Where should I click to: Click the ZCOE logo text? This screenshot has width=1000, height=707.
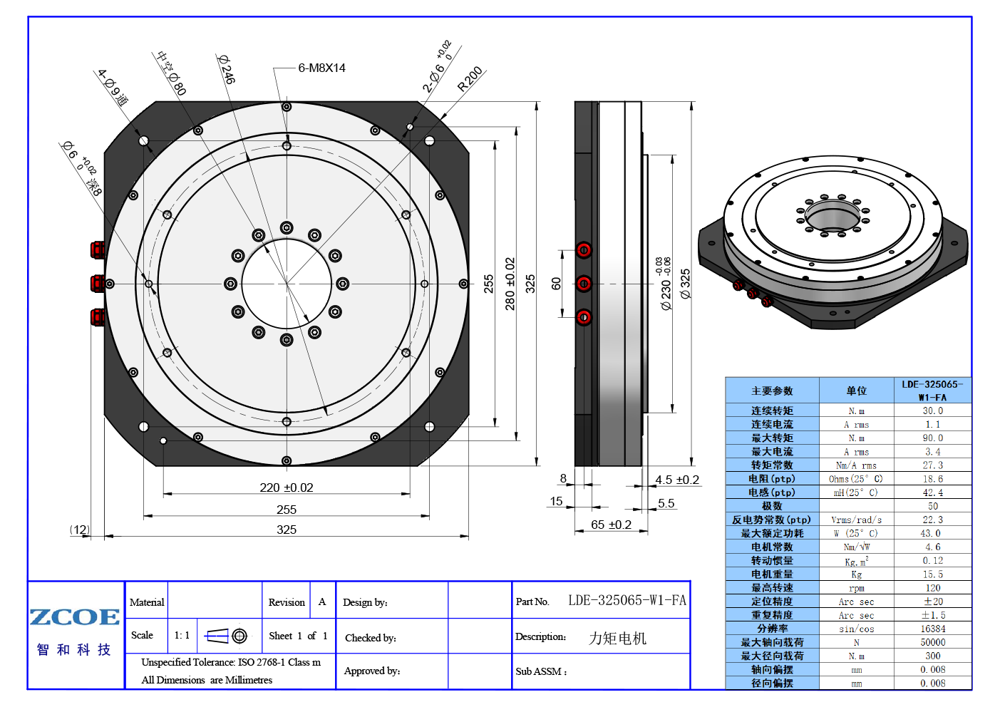tap(75, 616)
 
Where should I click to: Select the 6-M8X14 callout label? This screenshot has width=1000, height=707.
tap(322, 68)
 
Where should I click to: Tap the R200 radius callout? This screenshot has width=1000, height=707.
tap(470, 79)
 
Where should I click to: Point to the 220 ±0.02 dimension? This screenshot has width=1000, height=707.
tap(286, 487)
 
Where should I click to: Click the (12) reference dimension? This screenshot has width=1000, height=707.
tap(80, 530)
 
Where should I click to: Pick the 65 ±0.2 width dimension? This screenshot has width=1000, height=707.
tap(611, 525)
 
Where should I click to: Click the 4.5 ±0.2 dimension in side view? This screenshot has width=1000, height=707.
tap(677, 480)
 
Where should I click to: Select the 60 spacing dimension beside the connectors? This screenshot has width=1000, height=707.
tap(556, 284)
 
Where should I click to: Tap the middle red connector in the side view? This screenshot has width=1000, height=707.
tap(584, 284)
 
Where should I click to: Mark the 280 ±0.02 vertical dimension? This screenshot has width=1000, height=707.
tap(510, 284)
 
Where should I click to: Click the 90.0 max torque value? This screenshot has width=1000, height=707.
tap(932, 438)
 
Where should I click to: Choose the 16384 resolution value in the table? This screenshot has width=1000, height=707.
tap(932, 629)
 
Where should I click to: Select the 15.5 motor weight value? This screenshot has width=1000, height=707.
tap(932, 574)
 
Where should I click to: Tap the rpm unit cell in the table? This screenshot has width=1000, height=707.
tap(856, 588)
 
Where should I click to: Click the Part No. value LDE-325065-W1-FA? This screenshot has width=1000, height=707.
tap(627, 600)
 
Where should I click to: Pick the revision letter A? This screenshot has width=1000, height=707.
tap(322, 602)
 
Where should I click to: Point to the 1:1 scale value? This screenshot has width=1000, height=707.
tap(182, 635)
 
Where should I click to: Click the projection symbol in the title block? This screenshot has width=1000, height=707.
tap(226, 636)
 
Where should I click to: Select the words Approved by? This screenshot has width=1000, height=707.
tap(372, 671)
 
